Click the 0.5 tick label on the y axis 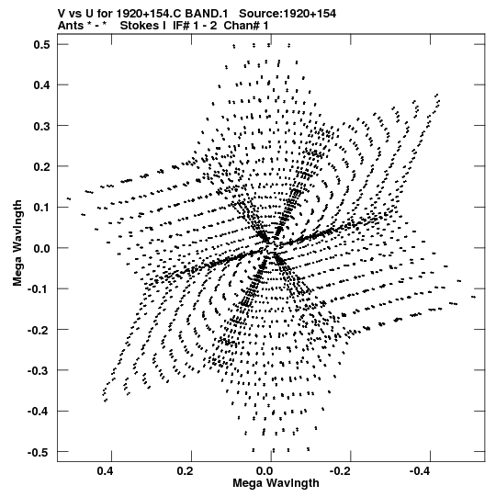41,45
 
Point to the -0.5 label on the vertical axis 39,452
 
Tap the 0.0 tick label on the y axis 41,248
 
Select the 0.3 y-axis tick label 41,126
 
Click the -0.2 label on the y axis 39,330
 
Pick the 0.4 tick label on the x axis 106,471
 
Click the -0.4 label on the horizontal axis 419,471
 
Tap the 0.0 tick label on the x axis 265,471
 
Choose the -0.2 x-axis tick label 339,471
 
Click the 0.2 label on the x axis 186,471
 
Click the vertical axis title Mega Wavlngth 17,243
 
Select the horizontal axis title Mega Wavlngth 276,483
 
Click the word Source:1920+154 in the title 287,14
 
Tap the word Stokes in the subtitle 143,26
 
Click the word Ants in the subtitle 71,26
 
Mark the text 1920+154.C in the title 149,14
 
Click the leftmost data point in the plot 69,198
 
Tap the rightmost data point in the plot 474,297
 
